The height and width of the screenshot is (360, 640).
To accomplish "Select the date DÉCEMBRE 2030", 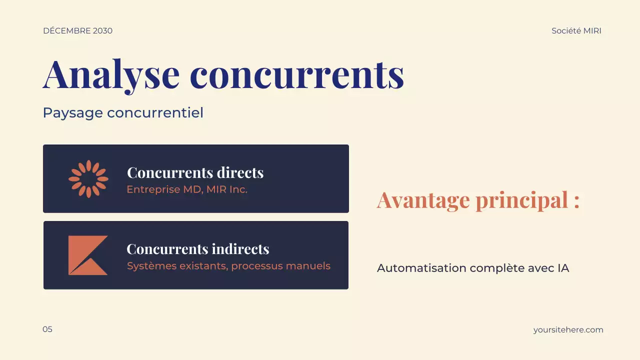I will click(77, 31).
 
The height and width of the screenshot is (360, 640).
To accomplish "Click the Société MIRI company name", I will click(576, 31).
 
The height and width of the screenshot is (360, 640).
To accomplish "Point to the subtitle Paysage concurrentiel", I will click(123, 113).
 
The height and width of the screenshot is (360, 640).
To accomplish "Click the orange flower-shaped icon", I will click(88, 179).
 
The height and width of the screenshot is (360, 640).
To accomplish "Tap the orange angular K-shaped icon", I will click(87, 255).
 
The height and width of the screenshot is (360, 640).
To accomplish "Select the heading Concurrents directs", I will click(195, 172).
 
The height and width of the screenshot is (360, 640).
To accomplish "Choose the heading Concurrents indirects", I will click(197, 249).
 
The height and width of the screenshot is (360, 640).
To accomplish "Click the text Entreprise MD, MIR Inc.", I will click(187, 189).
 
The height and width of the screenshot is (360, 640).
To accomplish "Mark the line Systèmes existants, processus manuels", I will click(228, 266).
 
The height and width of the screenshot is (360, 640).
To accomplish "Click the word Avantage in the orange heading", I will click(423, 200).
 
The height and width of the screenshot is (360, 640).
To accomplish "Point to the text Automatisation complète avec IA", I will click(473, 268).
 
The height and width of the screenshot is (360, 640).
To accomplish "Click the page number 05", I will click(47, 329).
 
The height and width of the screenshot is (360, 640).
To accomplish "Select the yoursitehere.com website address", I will click(568, 330).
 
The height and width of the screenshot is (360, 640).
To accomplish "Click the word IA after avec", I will click(563, 268).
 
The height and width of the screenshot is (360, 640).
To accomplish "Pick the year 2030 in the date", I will click(102, 31).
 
